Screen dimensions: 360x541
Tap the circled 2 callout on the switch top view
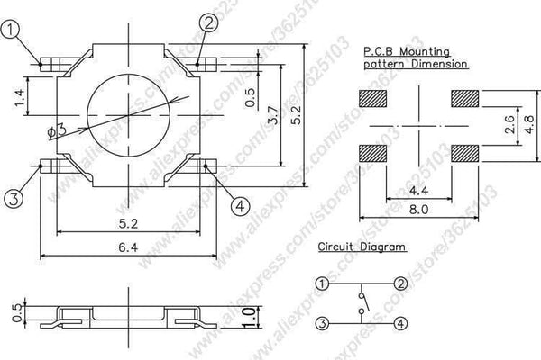pyautogui.click(x=207, y=24)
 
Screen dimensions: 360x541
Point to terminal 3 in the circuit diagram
pyautogui.click(x=322, y=322)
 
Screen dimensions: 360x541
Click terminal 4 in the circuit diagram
pyautogui.click(x=400, y=322)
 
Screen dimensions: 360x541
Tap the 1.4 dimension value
pyautogui.click(x=20, y=96)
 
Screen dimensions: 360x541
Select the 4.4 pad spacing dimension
pyautogui.click(x=419, y=191)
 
